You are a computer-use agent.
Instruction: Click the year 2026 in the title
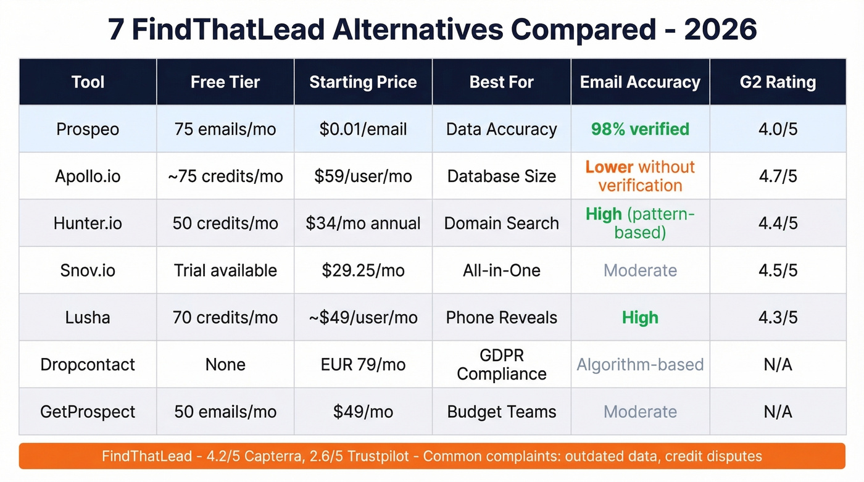point(720,29)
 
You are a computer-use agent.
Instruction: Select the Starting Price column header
point(363,82)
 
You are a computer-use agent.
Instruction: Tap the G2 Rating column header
point(778,82)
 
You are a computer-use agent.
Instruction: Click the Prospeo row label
point(88,129)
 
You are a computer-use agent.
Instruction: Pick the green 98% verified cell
point(640,129)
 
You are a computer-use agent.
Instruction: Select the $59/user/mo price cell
point(363,176)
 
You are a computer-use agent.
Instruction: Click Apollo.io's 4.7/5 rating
point(778,176)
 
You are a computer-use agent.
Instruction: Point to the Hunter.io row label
point(88,223)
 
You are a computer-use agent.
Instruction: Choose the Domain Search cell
point(501,223)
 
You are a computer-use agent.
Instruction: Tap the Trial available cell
point(225,270)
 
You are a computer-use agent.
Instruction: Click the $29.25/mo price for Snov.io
point(363,270)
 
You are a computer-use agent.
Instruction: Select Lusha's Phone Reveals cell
point(501,317)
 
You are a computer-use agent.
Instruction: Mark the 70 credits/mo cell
point(225,317)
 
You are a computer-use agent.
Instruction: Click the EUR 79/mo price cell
point(363,364)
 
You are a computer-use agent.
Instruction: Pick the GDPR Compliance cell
point(501,364)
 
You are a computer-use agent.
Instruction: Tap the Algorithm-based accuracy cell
point(640,364)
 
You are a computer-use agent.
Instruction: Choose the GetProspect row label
point(88,412)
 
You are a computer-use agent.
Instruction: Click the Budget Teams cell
point(501,412)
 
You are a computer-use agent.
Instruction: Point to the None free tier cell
point(225,364)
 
